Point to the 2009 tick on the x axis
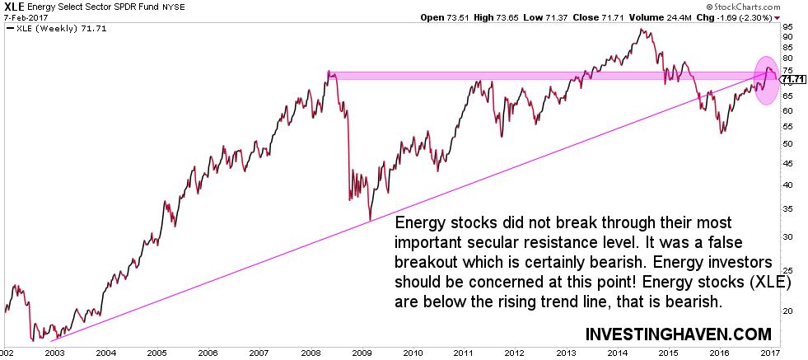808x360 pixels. (361, 352)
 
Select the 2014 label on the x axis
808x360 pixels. (616, 352)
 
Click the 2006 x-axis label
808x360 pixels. (208, 352)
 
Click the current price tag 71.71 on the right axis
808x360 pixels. (792, 79)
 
